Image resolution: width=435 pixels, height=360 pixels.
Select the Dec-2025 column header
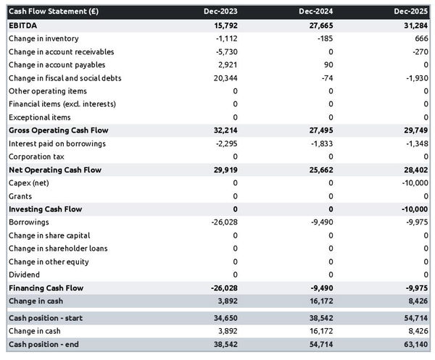tap(411, 12)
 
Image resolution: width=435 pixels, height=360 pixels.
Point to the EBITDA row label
tap(23, 25)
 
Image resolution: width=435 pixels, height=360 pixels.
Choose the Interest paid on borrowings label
tap(57, 143)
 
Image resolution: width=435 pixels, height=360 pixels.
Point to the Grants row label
tap(20, 196)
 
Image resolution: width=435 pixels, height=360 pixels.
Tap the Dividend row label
tap(24, 275)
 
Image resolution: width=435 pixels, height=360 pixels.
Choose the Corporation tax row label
tap(37, 156)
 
